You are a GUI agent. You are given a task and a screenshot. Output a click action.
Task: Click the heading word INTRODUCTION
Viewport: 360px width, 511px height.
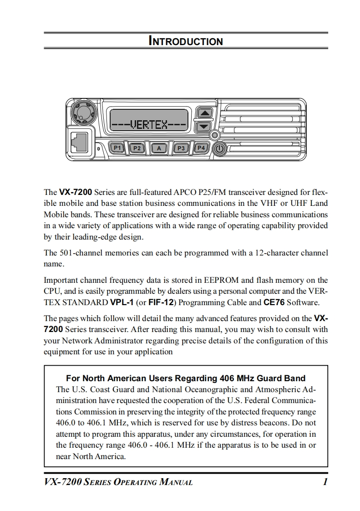186,41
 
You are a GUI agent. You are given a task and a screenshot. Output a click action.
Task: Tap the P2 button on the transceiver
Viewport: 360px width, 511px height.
137,148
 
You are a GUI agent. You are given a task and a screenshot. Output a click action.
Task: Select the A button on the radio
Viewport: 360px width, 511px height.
159,148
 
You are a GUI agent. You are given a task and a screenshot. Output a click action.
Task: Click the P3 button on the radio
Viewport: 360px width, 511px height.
181,148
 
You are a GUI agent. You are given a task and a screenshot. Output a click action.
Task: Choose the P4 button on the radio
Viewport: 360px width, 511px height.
201,148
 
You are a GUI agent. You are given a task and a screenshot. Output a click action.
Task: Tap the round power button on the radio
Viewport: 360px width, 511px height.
219,148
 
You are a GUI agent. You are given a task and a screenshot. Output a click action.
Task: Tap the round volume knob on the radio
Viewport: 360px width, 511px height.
83,111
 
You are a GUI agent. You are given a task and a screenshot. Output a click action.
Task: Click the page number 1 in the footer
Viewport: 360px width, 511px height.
325,482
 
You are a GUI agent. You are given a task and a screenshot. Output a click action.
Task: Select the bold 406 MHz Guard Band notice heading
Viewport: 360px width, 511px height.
186,378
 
